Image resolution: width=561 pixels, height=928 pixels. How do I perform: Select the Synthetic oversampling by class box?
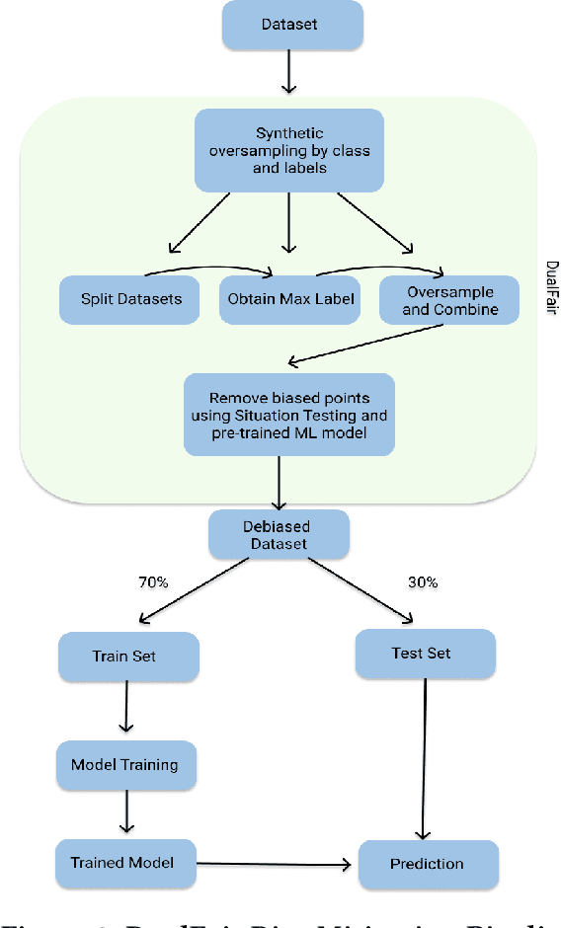[x=288, y=150]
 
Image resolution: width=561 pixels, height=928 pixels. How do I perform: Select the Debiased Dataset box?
[x=278, y=535]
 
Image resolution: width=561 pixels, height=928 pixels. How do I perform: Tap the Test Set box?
[x=425, y=653]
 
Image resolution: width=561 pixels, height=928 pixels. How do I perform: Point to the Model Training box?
[x=124, y=764]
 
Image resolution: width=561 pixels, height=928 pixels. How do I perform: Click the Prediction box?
[x=426, y=864]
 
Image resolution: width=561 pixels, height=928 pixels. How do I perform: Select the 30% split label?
[x=422, y=583]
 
